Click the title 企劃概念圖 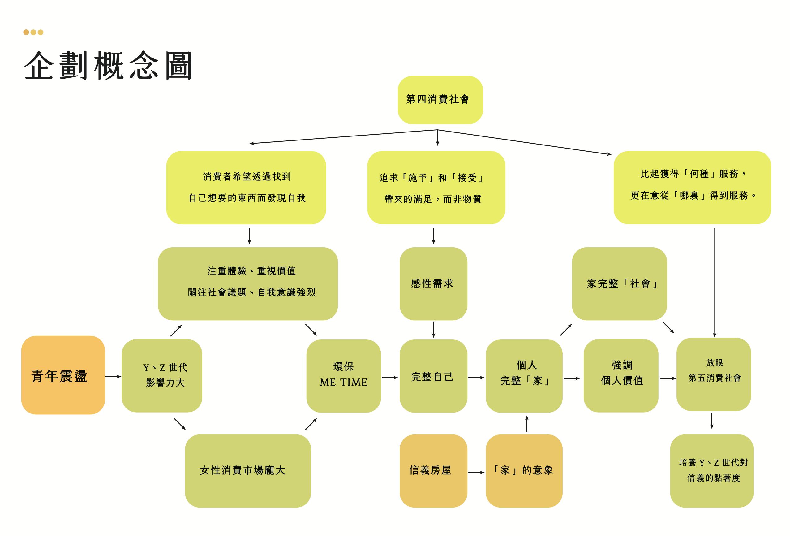108,66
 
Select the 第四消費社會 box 440,100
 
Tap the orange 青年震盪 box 63,375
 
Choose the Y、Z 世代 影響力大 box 162,375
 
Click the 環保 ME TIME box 343,376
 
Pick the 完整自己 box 433,376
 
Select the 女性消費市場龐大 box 247,471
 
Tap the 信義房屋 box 433,471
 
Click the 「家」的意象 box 524,471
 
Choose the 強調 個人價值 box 621,375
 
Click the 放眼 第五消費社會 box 714,374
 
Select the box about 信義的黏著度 711,471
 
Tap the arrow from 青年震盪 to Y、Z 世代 113,377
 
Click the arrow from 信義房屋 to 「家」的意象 476,472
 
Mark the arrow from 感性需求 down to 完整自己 433,329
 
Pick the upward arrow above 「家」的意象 526,424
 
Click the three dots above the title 33,32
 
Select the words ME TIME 343,383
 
